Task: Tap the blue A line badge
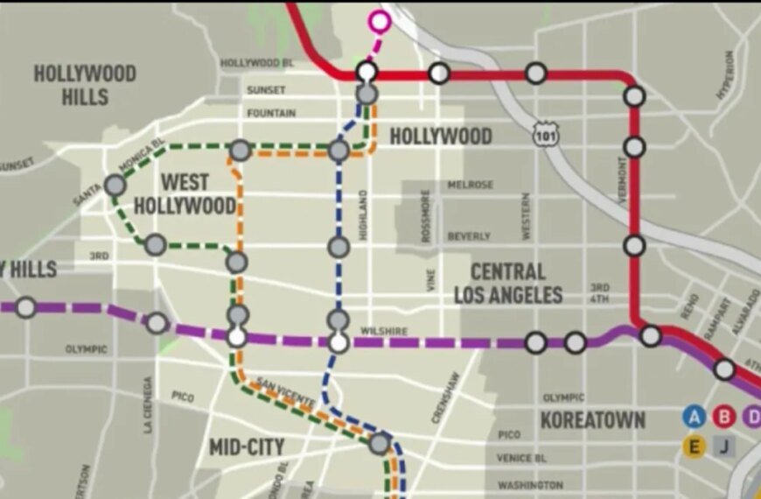click(x=695, y=416)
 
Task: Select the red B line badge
click(x=724, y=416)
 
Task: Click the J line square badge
click(x=724, y=446)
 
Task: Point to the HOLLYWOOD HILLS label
click(x=85, y=84)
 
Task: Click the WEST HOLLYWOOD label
click(x=197, y=193)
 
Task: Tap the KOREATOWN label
click(x=592, y=420)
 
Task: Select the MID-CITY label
click(x=247, y=447)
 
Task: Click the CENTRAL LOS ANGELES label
click(x=507, y=283)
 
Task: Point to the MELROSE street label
click(x=471, y=185)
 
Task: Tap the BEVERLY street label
click(x=469, y=236)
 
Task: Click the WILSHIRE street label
click(x=384, y=331)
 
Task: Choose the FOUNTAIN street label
click(x=271, y=113)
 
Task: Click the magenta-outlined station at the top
click(x=379, y=20)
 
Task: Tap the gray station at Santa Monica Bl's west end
click(x=115, y=185)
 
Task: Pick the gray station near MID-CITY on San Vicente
click(x=379, y=443)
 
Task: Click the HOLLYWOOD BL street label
click(x=256, y=63)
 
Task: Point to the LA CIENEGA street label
click(x=148, y=404)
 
